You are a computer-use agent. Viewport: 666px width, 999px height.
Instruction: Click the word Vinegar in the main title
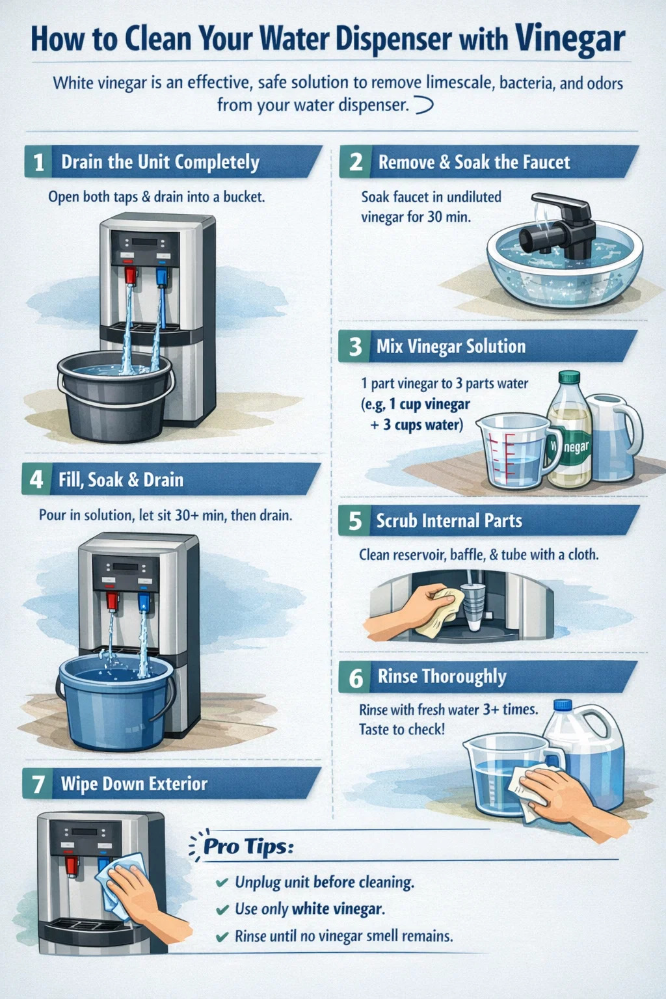[570, 39]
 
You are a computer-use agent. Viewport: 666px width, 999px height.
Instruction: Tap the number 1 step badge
[38, 162]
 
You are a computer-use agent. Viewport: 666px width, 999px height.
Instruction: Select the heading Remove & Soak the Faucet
[473, 163]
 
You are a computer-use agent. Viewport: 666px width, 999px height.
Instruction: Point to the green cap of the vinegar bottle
[569, 377]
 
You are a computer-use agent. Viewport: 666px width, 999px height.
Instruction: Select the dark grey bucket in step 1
[116, 395]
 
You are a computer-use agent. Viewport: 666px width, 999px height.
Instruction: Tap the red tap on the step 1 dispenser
[130, 275]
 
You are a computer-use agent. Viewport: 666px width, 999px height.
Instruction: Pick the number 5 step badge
[354, 520]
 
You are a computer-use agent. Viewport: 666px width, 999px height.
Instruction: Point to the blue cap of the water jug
[563, 704]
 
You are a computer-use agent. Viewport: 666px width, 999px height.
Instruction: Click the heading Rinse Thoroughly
[442, 676]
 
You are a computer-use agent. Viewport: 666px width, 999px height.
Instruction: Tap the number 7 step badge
[38, 784]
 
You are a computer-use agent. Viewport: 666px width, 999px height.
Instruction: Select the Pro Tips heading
[248, 846]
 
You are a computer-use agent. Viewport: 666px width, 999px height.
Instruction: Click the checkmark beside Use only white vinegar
[222, 909]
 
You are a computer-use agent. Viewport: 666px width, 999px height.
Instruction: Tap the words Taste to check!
[402, 730]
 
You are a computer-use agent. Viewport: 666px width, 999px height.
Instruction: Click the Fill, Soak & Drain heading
[121, 480]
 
